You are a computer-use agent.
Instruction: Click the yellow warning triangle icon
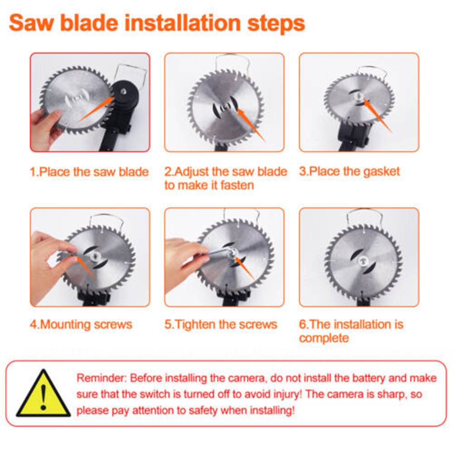[43, 395]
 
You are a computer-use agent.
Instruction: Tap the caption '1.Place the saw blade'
[89, 172]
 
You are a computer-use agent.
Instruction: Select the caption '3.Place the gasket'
[349, 171]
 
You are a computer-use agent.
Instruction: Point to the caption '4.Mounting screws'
[81, 324]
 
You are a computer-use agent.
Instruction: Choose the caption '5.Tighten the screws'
[221, 324]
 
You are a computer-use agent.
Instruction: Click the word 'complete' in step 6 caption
[324, 338]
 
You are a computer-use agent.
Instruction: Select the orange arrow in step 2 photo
[251, 124]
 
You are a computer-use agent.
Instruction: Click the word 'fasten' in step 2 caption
[235, 185]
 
